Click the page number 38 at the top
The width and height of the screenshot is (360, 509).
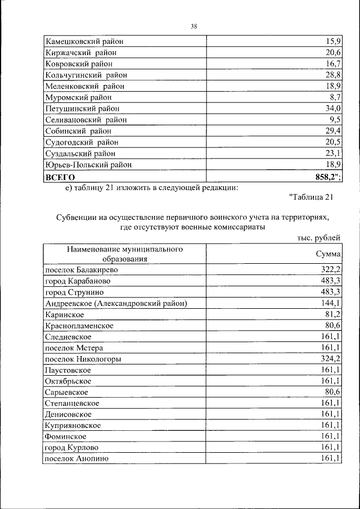[193, 26]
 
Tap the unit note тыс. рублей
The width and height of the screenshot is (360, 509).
[319, 238]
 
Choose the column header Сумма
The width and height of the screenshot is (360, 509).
[328, 254]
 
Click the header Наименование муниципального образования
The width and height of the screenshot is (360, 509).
[125, 254]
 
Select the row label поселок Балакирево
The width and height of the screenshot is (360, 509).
[81, 270]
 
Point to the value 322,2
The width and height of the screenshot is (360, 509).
[331, 270]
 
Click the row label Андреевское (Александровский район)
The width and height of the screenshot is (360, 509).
[115, 304]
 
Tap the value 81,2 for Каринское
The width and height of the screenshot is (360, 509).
[334, 314]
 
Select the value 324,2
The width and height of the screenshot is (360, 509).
[331, 359]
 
